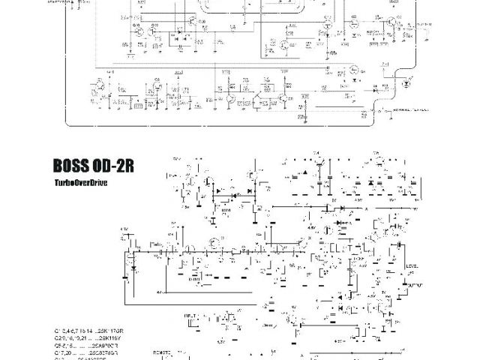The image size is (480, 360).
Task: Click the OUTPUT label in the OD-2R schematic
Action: (413, 286)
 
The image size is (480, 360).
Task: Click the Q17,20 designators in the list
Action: (62, 352)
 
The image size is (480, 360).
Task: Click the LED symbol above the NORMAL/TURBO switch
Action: (406, 84)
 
